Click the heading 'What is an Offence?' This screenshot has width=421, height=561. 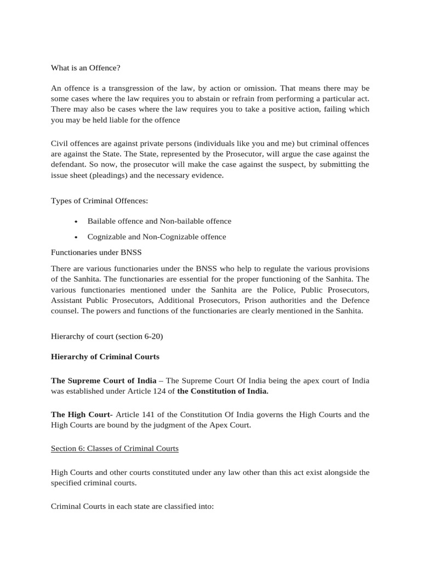coord(85,68)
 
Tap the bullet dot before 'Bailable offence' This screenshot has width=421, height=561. coord(76,221)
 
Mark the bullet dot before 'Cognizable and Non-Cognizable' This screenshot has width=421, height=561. coord(76,237)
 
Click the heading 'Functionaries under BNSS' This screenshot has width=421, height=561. coord(96,253)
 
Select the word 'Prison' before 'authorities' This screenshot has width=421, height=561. coord(257,300)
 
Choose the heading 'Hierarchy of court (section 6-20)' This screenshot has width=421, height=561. coord(107,336)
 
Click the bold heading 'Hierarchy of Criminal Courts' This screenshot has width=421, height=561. coord(105,357)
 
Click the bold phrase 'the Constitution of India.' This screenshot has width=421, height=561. coord(223,392)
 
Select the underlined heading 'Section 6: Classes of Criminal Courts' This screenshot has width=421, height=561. coord(115,449)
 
